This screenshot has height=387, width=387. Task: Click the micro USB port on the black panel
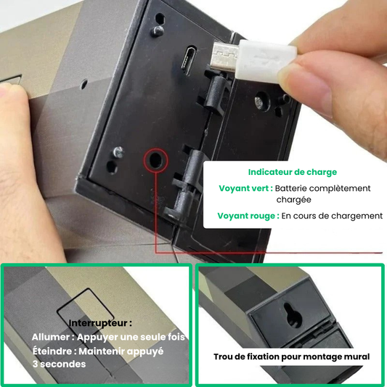pos(189,60)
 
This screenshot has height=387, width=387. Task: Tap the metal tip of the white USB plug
pos(224,57)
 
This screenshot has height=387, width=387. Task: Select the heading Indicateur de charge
pos(293,172)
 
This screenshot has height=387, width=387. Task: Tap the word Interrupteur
pos(98,323)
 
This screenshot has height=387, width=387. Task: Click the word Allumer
pos(51,337)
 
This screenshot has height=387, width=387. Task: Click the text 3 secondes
pos(59,364)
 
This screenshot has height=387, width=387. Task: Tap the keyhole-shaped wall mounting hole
pos(293,315)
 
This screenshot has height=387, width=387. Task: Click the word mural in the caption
pos(358,357)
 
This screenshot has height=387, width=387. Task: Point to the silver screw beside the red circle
pos(118,152)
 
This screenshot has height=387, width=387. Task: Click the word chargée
pos(293,200)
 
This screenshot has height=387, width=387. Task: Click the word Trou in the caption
pos(224,357)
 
